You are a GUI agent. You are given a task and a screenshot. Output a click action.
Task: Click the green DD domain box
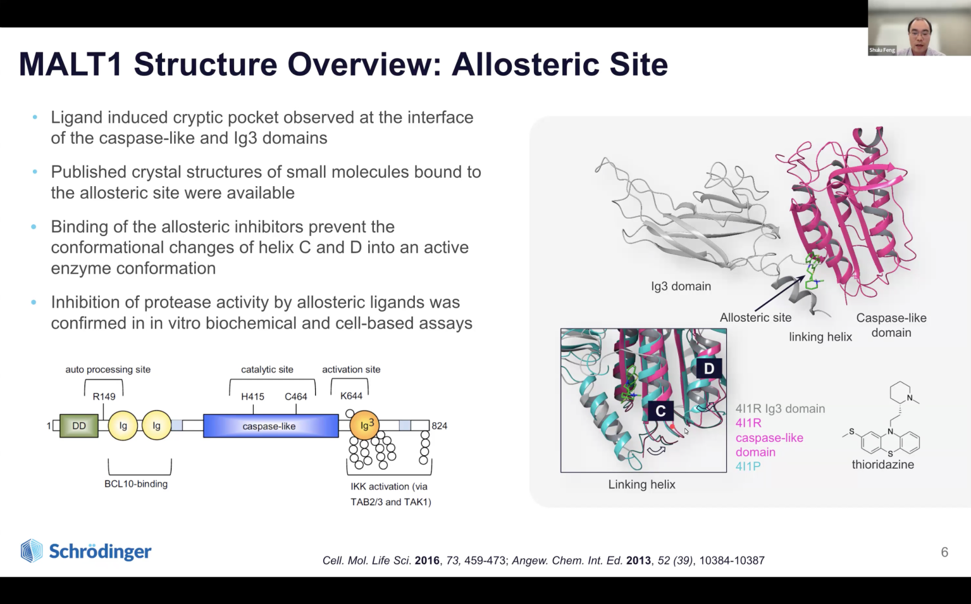pos(79,425)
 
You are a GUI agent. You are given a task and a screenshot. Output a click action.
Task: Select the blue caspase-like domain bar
pos(271,425)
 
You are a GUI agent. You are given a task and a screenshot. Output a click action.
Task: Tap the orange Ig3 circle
pos(364,425)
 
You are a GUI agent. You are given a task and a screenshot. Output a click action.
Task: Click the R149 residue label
pos(104,396)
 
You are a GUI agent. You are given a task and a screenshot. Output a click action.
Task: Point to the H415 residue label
pos(253,396)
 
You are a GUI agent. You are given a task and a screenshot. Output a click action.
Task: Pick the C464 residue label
pos(296,396)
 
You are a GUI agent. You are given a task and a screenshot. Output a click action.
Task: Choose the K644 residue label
pos(351,396)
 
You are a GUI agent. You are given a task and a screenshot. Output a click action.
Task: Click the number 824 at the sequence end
pos(440,425)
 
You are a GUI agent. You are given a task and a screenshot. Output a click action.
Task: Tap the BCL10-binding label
pos(136,484)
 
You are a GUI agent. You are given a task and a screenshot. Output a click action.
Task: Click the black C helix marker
pos(660,411)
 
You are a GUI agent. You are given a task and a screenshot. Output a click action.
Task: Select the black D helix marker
pos(709,368)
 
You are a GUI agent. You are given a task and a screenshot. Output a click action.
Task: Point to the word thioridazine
pos(883,465)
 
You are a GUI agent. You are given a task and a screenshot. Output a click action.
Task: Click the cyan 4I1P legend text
pos(748,467)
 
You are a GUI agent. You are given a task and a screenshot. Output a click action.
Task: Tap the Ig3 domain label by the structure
pos(681,286)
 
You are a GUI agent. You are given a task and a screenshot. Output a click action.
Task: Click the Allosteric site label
pos(755,318)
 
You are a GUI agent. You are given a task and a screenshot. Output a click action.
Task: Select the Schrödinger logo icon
pos(32,551)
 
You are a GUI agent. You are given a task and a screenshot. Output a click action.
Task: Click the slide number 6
pos(944,552)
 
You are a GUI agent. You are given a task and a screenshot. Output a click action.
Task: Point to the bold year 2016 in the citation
pos(427,560)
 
